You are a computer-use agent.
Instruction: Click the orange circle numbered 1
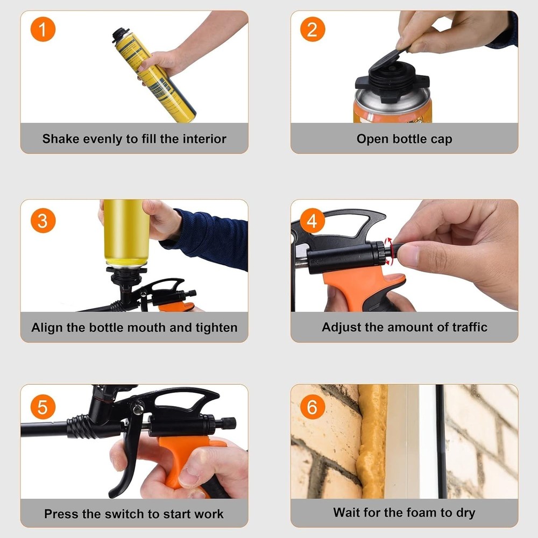click(x=43, y=30)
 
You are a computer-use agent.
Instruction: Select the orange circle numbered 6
click(x=312, y=407)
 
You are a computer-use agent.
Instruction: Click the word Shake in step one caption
click(x=60, y=139)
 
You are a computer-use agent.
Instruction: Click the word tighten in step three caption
click(x=217, y=328)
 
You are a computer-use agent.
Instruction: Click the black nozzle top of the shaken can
click(x=120, y=34)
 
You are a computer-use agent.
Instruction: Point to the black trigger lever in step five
click(x=126, y=457)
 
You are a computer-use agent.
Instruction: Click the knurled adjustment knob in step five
click(x=228, y=423)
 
